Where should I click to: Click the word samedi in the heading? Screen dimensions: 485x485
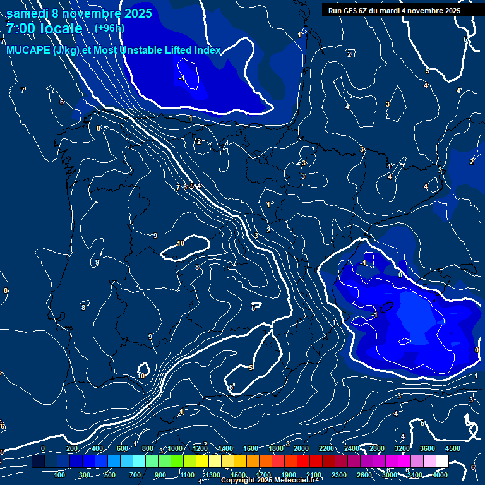click(x=28, y=13)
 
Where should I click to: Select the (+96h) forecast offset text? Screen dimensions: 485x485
click(x=109, y=28)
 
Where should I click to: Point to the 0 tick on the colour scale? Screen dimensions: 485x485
click(x=43, y=448)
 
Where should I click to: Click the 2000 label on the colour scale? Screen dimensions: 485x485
click(x=301, y=448)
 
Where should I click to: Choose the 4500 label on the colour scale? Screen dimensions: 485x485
click(x=453, y=448)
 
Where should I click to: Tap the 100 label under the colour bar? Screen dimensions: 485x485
click(x=60, y=475)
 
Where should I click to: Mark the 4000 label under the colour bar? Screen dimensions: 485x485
click(x=440, y=475)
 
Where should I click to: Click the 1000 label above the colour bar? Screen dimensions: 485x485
click(x=175, y=448)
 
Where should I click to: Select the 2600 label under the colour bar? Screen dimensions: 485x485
click(x=364, y=475)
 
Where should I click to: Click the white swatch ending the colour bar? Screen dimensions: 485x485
click(x=442, y=462)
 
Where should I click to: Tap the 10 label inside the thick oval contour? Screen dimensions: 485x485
click(x=181, y=243)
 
